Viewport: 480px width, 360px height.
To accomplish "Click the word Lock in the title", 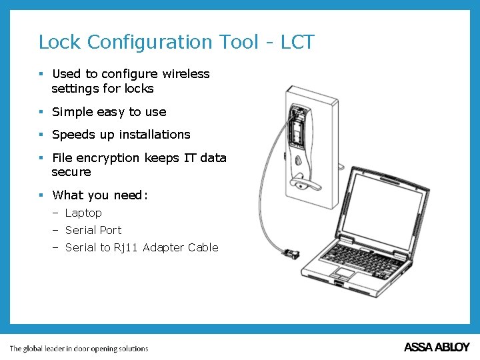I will tap(60, 42).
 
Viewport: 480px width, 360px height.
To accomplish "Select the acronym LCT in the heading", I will tap(297, 42).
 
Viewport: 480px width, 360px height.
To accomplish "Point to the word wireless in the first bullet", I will tap(185, 74).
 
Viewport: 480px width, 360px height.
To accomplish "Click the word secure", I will tap(71, 172).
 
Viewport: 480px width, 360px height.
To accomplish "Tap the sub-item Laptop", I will tap(83, 213).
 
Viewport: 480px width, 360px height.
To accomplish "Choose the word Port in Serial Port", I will tap(111, 230).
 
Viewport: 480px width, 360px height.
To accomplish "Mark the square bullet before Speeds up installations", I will tap(41, 135).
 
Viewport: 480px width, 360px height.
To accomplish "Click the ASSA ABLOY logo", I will tap(437, 347).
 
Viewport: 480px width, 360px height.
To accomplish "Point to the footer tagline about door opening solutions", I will tap(79, 348).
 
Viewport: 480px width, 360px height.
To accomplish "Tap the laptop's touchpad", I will tap(345, 272).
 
